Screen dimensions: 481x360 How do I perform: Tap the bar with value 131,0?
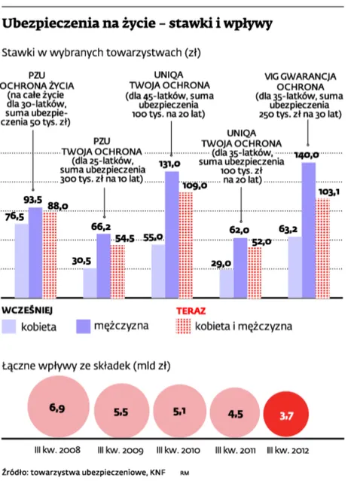tap(172, 234)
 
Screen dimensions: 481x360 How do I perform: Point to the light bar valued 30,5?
tap(90, 282)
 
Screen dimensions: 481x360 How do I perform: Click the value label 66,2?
tap(101, 226)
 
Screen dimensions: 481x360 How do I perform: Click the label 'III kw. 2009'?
tap(119, 451)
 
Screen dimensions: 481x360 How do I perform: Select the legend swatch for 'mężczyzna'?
tap(84, 326)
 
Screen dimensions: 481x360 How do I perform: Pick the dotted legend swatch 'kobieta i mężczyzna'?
tap(184, 326)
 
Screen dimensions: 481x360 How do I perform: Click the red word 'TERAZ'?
tap(191, 310)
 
